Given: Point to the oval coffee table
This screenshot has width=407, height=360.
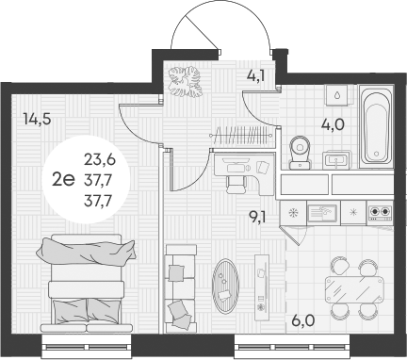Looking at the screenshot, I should [227, 285].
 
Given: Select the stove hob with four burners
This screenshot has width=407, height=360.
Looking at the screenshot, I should [381, 212].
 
